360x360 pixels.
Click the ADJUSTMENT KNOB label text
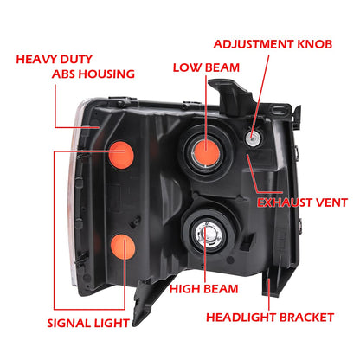point(273,44)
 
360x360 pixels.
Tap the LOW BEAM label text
point(206,67)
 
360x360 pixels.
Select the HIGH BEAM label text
point(203,289)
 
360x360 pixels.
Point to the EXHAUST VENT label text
point(302,202)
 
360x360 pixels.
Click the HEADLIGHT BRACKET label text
point(270,318)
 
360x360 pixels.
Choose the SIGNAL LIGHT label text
point(88,323)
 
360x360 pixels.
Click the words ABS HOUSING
point(93,74)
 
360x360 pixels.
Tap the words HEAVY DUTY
point(54,60)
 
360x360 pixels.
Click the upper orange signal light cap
point(121,155)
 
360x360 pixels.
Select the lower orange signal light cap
point(123,247)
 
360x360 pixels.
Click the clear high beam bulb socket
point(207,234)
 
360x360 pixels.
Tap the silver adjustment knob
point(254,138)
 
